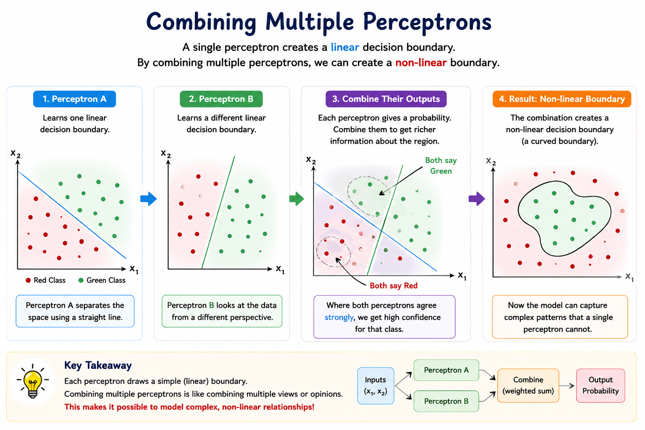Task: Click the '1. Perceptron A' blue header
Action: (x=74, y=99)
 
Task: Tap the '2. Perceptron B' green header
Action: (x=221, y=99)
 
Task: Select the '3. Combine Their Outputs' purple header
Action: (x=386, y=99)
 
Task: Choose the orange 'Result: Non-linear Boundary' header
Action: (x=562, y=99)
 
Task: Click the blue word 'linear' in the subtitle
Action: (x=345, y=47)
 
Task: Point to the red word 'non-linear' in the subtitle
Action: (x=421, y=63)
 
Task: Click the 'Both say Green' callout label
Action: (x=441, y=165)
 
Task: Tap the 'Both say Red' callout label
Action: (x=393, y=286)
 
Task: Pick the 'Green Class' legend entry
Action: (x=102, y=280)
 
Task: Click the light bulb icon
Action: (x=32, y=381)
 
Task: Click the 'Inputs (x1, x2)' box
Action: (x=375, y=385)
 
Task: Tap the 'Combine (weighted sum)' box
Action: (x=528, y=385)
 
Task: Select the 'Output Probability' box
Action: (x=600, y=385)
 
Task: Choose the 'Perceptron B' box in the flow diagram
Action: (x=446, y=401)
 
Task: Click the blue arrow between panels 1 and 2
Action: (x=148, y=199)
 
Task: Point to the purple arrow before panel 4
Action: (x=477, y=199)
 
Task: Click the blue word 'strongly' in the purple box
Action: (x=339, y=317)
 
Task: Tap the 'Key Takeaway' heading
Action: (x=98, y=365)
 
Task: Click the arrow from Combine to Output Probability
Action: (x=567, y=385)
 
